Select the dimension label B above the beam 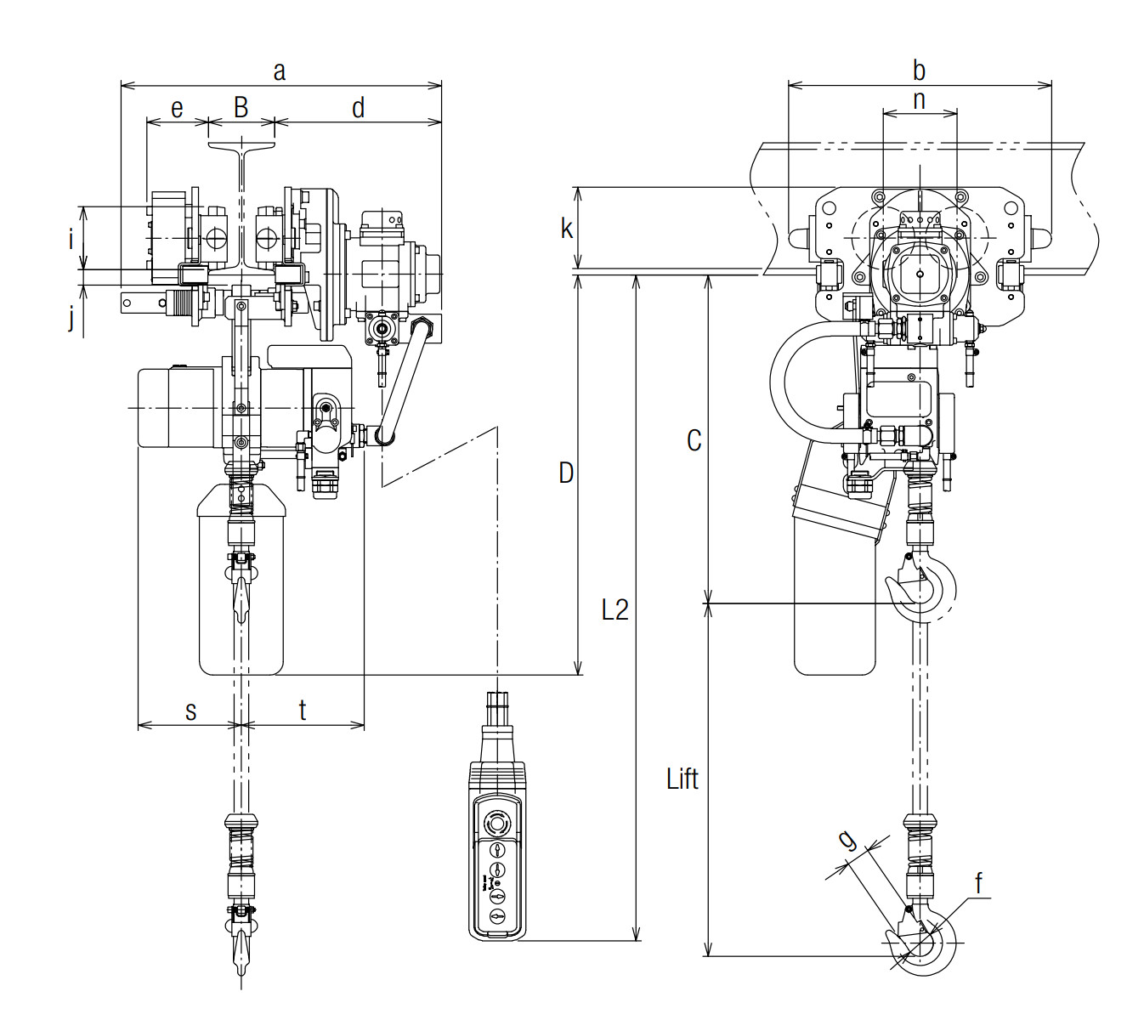coord(241,107)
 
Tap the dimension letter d coord(358,107)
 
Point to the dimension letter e coord(177,109)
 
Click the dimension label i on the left coord(71,239)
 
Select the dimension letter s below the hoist coord(191,712)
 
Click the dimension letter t coord(303,710)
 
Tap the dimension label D coord(566,473)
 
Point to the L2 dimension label coord(614,609)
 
